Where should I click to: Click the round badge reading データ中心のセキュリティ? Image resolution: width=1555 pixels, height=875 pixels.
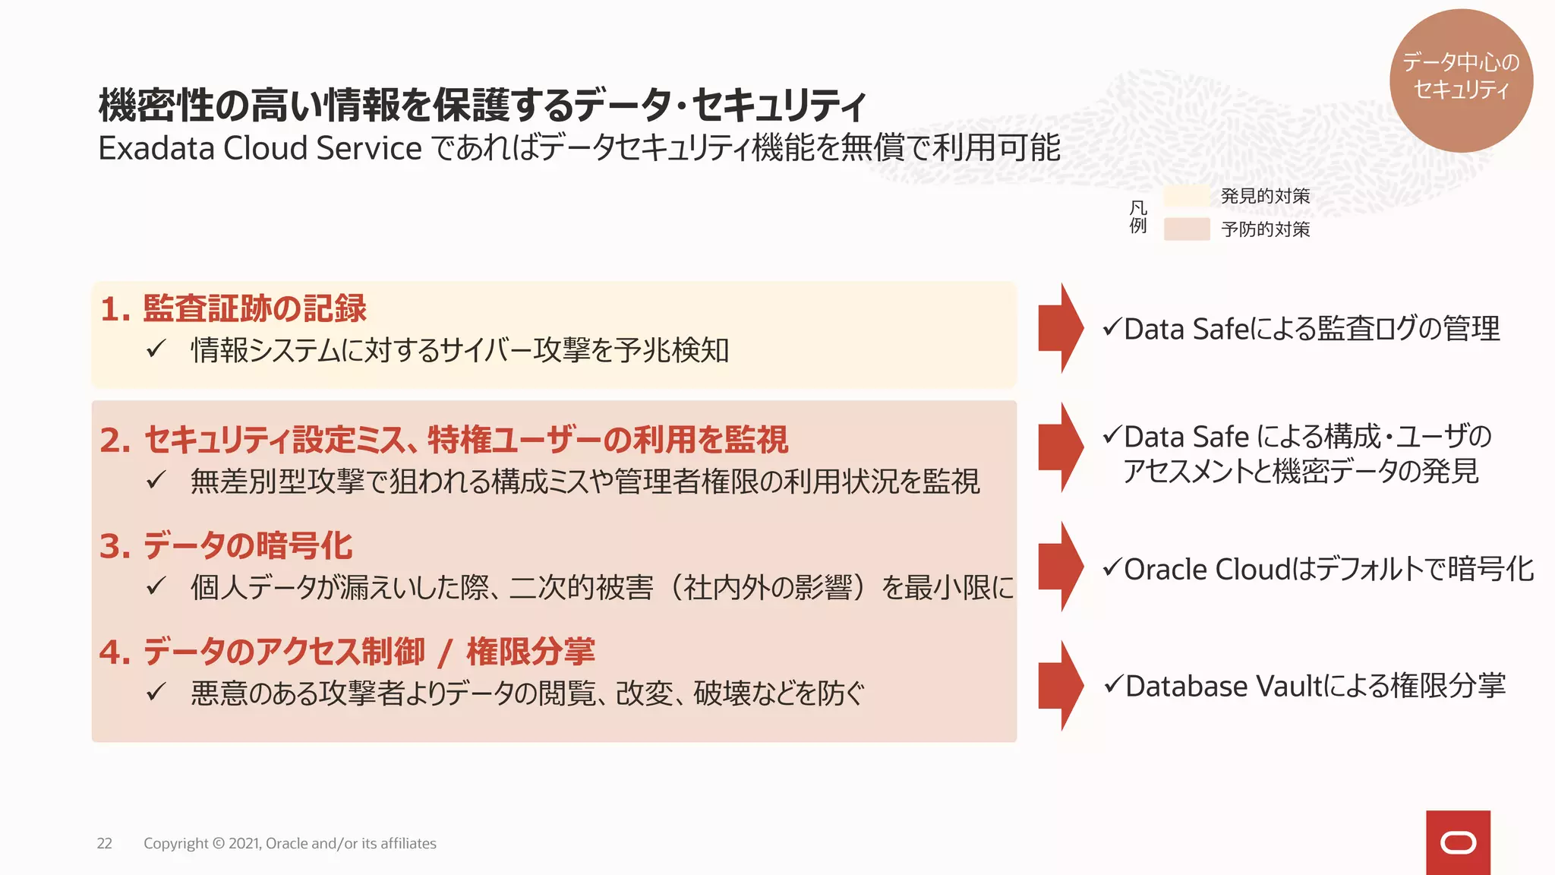[1460, 80]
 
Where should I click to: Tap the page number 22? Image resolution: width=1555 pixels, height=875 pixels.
[104, 843]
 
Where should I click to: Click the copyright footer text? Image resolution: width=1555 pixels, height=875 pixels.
[289, 843]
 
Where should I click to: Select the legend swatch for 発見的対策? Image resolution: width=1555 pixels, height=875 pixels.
[1186, 196]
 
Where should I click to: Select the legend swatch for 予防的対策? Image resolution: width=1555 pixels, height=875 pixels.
[1186, 229]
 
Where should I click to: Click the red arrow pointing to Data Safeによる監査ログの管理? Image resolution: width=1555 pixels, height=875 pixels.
[1060, 328]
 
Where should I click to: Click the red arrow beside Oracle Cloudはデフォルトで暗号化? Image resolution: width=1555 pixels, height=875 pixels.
[1060, 567]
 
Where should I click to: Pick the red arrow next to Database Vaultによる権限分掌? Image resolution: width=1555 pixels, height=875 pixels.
[1060, 686]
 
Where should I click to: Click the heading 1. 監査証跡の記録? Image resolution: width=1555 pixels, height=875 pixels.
[233, 308]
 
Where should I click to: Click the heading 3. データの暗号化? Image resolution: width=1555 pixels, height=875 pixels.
[226, 546]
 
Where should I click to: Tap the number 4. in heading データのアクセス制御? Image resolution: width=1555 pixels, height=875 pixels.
[115, 652]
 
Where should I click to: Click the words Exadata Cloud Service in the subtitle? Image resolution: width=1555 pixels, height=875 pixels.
[260, 148]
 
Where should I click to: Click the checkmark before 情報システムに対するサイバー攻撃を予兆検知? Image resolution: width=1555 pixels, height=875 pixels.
[156, 349]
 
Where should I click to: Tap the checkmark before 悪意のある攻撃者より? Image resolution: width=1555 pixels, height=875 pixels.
[156, 692]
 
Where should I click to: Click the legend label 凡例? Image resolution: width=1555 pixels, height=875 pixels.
[1137, 216]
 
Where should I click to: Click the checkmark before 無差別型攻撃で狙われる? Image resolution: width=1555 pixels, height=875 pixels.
[156, 480]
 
